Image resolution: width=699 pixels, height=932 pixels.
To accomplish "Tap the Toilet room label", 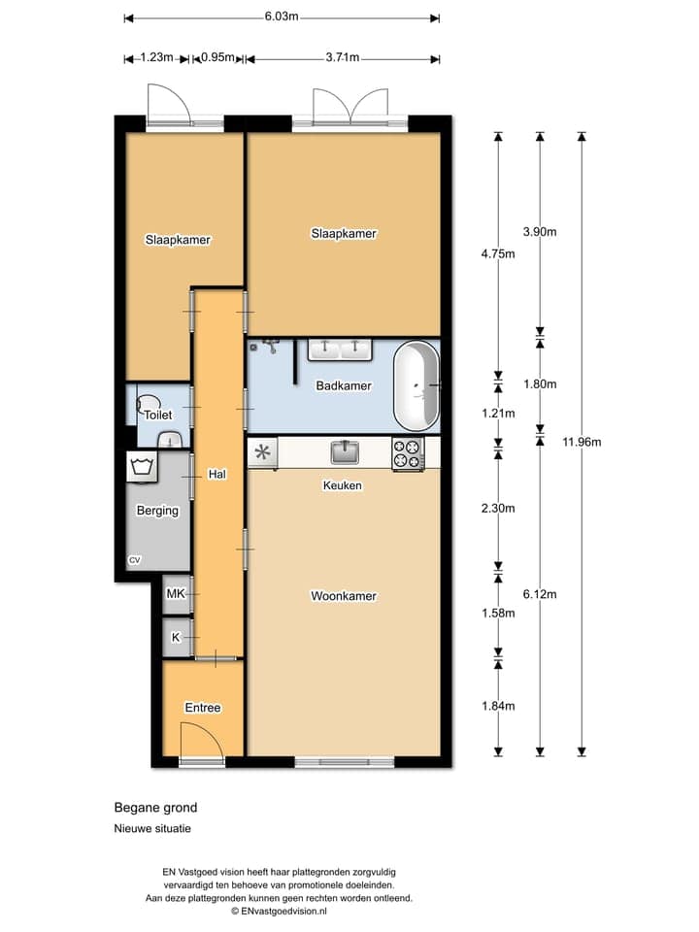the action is [158, 415].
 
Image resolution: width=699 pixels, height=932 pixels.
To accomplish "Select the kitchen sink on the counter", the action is [345, 451].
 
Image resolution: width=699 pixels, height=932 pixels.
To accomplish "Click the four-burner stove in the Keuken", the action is [409, 454].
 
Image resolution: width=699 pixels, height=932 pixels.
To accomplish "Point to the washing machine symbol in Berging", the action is [142, 467].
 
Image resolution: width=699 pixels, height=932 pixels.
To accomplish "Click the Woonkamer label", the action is [344, 595].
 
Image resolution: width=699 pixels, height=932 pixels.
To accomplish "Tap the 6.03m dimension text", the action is [282, 17].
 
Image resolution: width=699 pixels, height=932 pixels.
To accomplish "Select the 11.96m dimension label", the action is [582, 442].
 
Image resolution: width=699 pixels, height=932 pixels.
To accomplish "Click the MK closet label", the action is [176, 593].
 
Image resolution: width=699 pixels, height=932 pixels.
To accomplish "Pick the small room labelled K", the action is [177, 638].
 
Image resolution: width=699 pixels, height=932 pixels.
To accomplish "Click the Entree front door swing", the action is [202, 740].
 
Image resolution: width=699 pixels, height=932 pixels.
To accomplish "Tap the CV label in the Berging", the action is [135, 560].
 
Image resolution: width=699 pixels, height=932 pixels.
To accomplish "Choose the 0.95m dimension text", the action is [217, 57].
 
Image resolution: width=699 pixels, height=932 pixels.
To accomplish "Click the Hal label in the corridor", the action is [216, 475].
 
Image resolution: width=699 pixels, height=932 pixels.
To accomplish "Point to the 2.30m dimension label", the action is [498, 508].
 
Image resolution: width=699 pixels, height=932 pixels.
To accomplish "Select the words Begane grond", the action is [155, 808].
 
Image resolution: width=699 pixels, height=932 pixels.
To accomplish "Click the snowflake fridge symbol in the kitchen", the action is [263, 453].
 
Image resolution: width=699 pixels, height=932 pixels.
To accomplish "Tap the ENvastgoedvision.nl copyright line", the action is [280, 911].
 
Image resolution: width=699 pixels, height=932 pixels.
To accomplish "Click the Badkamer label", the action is [344, 385].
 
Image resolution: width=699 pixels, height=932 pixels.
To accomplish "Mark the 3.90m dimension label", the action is [540, 232].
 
